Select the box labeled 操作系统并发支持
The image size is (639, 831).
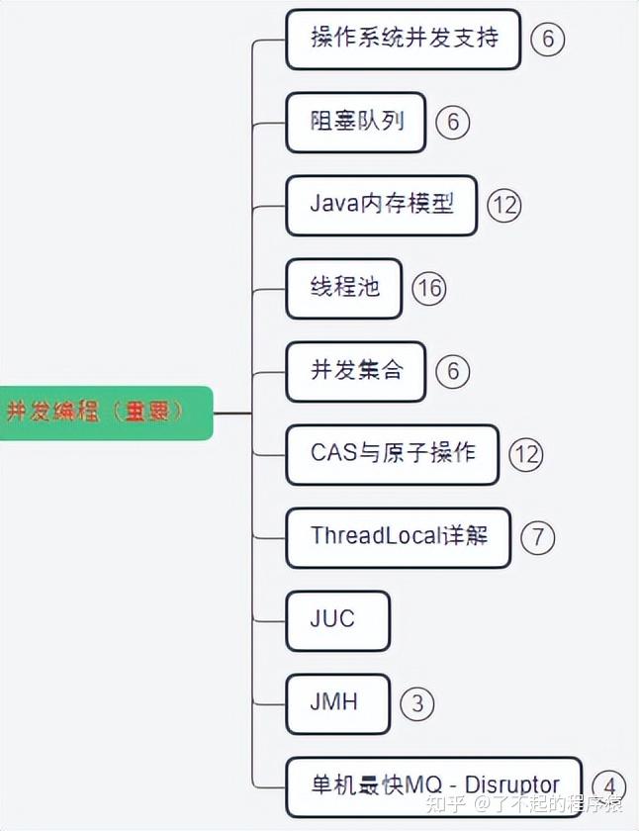tap(403, 40)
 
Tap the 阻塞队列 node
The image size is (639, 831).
tap(357, 123)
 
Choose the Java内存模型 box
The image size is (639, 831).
tap(381, 205)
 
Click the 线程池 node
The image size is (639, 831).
tap(343, 288)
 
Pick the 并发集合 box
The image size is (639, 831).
tap(356, 371)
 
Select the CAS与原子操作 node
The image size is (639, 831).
tap(392, 454)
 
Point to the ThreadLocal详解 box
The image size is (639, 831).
tap(398, 537)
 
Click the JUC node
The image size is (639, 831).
tap(336, 620)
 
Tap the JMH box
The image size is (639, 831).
tap(336, 703)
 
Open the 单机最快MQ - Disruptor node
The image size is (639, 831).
tap(433, 786)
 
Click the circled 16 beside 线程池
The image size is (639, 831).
tap(428, 288)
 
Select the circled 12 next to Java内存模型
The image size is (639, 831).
tap(503, 206)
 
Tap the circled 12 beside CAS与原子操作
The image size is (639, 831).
tap(526, 454)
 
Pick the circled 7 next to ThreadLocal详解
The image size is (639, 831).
tap(537, 537)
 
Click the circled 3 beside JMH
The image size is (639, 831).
tap(417, 703)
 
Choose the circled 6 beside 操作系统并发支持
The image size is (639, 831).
tap(547, 40)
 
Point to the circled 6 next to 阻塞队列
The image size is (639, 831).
tap(452, 123)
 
